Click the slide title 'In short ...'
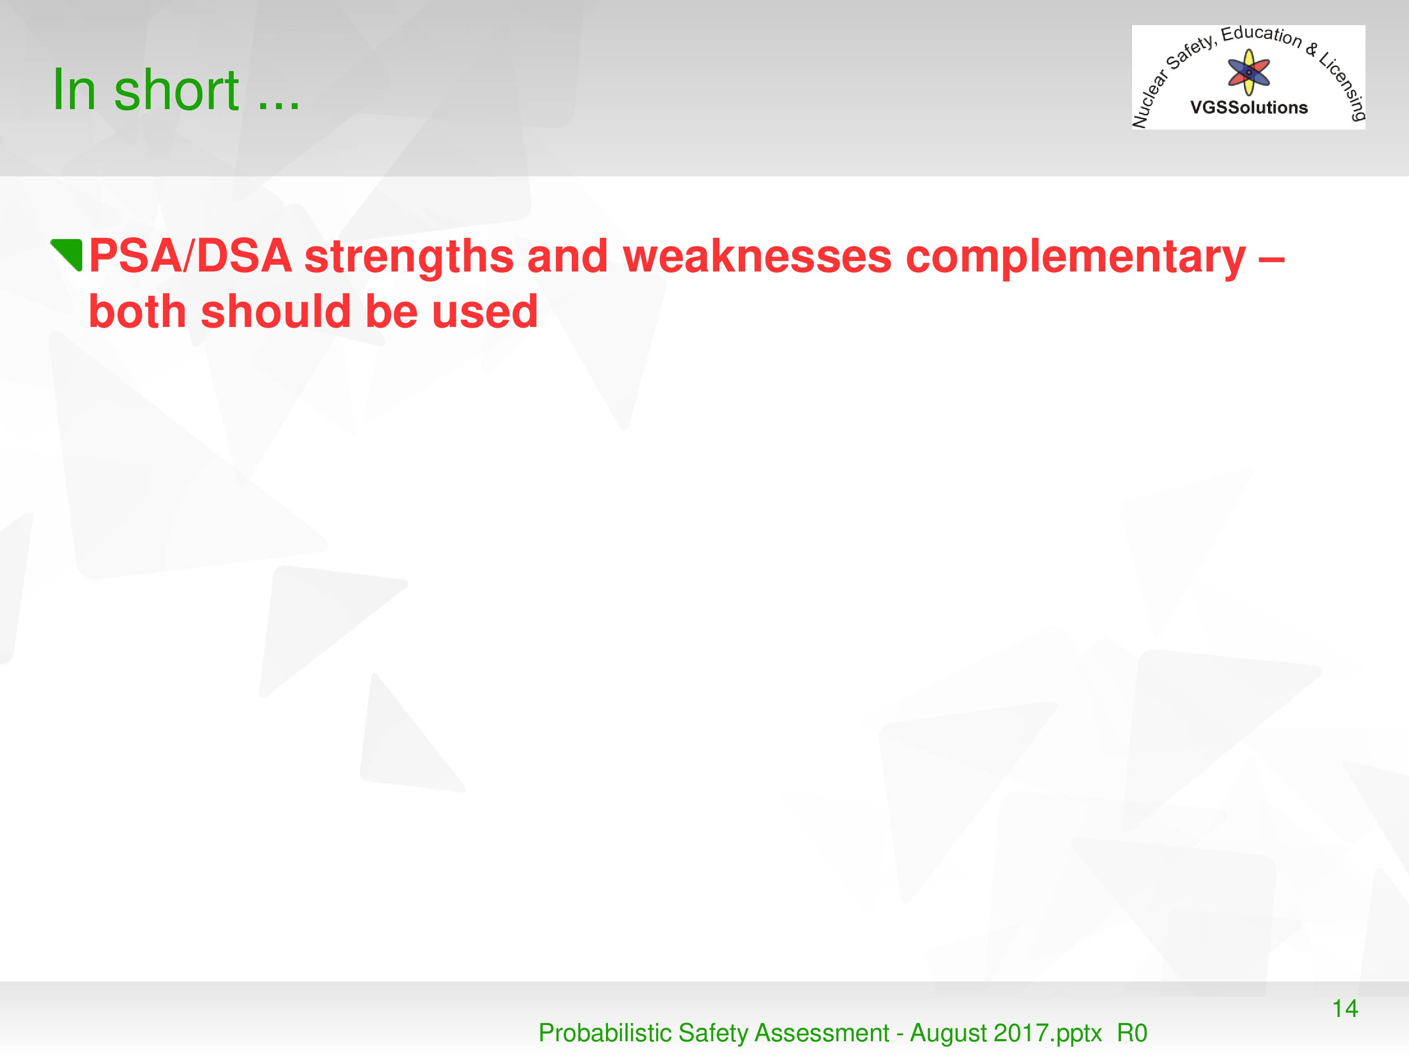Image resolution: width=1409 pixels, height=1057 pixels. [x=176, y=90]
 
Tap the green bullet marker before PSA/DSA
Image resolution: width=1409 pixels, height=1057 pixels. [x=67, y=255]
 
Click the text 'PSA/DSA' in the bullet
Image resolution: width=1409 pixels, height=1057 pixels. [x=190, y=256]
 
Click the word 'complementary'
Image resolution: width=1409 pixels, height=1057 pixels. [x=1075, y=258]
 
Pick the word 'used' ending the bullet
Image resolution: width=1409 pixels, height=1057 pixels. [x=485, y=312]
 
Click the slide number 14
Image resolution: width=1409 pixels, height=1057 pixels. [x=1345, y=1008]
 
